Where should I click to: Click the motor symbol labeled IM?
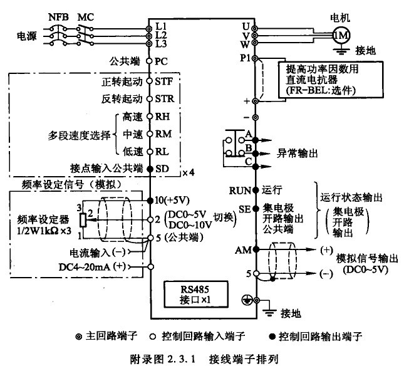click(341, 35)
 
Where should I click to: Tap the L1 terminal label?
click(161, 26)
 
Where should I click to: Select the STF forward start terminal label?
click(163, 81)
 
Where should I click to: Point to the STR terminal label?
click(163, 99)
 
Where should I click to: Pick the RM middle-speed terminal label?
click(163, 133)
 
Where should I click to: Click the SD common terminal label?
click(162, 169)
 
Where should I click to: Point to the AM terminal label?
click(243, 249)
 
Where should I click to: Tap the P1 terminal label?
click(244, 57)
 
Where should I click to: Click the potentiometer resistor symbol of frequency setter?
click(82, 220)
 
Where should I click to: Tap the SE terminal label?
click(245, 209)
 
